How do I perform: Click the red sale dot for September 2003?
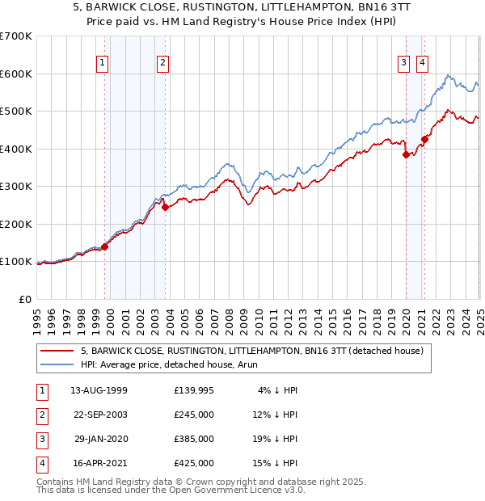click(165, 207)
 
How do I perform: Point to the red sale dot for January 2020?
click(406, 154)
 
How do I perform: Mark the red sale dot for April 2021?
click(424, 139)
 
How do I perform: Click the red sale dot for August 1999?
click(105, 246)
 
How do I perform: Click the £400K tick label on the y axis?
click(17, 149)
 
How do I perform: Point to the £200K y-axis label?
click(17, 224)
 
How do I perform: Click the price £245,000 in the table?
click(194, 415)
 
